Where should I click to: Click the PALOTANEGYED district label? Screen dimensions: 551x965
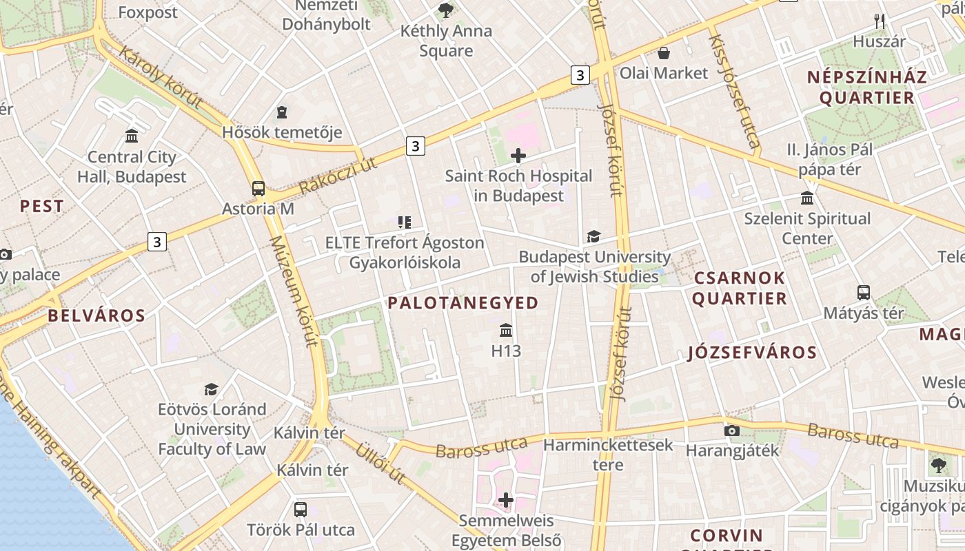[463, 303]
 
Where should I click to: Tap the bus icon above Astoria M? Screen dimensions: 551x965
[258, 189]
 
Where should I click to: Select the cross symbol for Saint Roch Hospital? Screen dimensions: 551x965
[518, 156]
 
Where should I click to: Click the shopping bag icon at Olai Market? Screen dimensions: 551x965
[664, 53]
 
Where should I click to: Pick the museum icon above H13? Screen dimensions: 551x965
[506, 331]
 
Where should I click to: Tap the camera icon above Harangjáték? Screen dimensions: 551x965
[732, 431]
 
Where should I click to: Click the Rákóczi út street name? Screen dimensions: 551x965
[338, 175]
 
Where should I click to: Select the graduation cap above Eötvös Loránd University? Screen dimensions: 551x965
[212, 389]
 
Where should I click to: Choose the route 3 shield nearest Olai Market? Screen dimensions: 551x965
[580, 74]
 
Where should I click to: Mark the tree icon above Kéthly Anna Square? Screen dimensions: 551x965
[446, 10]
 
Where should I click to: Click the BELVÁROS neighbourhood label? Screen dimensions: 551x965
[96, 316]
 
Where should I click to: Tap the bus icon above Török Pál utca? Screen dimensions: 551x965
[301, 510]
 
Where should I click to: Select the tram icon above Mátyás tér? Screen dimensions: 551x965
[864, 293]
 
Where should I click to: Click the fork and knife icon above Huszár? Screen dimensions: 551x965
[879, 21]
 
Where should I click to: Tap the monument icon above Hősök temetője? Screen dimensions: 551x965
[282, 112]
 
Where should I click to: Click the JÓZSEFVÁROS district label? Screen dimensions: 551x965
[752, 353]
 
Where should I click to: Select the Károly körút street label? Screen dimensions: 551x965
[160, 76]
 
